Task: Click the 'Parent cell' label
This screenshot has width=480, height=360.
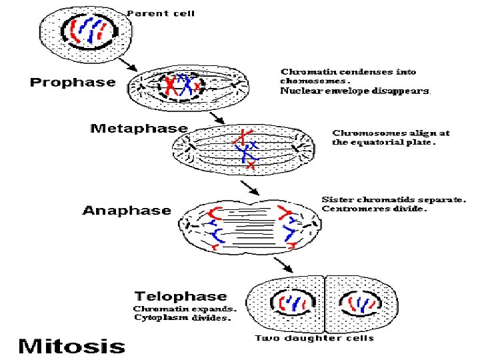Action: [x=161, y=13]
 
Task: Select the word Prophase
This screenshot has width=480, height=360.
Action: [x=72, y=83]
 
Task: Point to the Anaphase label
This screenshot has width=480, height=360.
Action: [x=127, y=211]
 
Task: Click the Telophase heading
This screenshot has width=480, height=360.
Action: [x=181, y=296]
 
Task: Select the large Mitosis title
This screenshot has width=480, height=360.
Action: [x=71, y=346]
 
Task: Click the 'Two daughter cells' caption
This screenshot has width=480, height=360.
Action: [x=315, y=338]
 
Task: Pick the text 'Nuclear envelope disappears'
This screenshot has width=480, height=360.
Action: [x=355, y=91]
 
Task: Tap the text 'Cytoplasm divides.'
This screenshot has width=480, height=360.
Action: [x=182, y=318]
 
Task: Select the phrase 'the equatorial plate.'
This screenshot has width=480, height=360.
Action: [x=384, y=142]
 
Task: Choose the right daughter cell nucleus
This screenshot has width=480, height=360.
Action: [x=361, y=304]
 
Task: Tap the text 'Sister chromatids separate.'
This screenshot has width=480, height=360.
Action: [x=393, y=199]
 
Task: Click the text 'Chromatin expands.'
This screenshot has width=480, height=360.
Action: [x=184, y=309]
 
